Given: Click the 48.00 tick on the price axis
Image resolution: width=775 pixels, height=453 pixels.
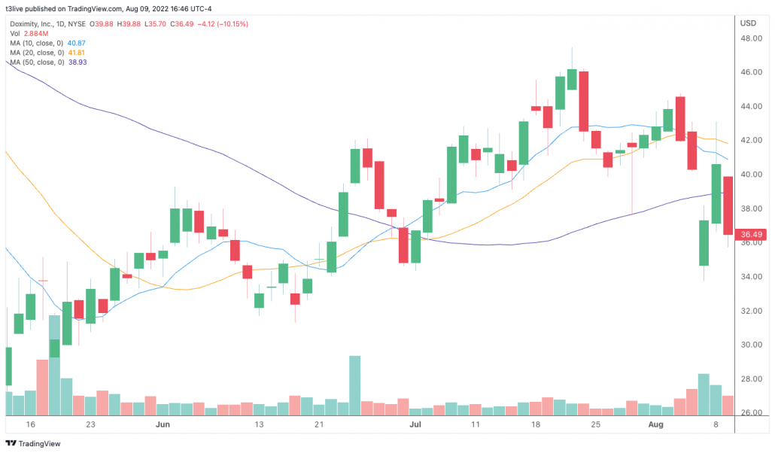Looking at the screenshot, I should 748,38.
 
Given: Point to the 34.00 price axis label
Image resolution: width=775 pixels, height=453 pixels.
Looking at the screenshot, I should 748,277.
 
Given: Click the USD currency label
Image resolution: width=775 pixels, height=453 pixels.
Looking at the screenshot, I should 748,23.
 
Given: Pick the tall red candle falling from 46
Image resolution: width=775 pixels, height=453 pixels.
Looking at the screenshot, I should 583,101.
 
